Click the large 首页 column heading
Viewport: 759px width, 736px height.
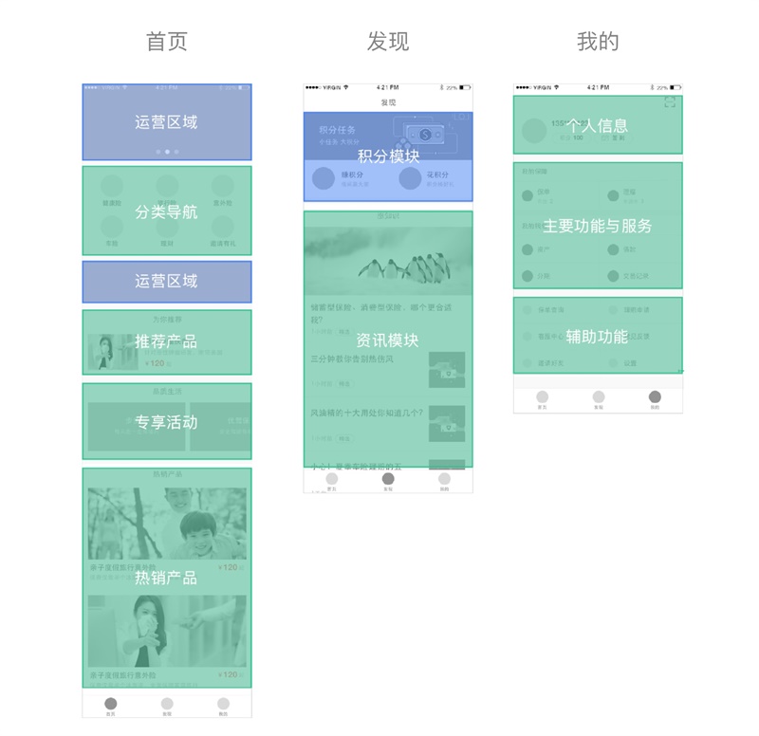[166, 42]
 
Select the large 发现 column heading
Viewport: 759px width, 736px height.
[388, 42]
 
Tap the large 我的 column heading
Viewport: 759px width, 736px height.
[598, 42]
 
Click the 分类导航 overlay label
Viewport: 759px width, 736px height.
[166, 212]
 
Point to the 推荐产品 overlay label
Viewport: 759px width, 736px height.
[166, 341]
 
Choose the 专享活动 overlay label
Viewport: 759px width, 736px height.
[166, 422]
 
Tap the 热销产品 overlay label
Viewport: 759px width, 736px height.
[166, 578]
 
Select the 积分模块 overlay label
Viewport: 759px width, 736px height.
[388, 156]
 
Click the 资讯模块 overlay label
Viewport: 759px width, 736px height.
[387, 340]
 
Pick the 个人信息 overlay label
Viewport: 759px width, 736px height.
[598, 126]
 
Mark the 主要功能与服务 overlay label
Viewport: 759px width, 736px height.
[598, 226]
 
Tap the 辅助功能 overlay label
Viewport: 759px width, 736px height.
[597, 336]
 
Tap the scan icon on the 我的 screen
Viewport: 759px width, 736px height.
[670, 101]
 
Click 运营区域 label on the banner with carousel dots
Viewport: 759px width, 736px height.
[166, 122]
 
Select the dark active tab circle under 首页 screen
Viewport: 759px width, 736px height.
[111, 704]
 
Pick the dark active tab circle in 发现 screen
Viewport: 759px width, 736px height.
[388, 479]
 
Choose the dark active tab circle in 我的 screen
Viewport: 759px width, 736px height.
[655, 396]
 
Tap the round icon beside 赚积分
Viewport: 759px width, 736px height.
[324, 178]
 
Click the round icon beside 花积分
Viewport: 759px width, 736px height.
[410, 178]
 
